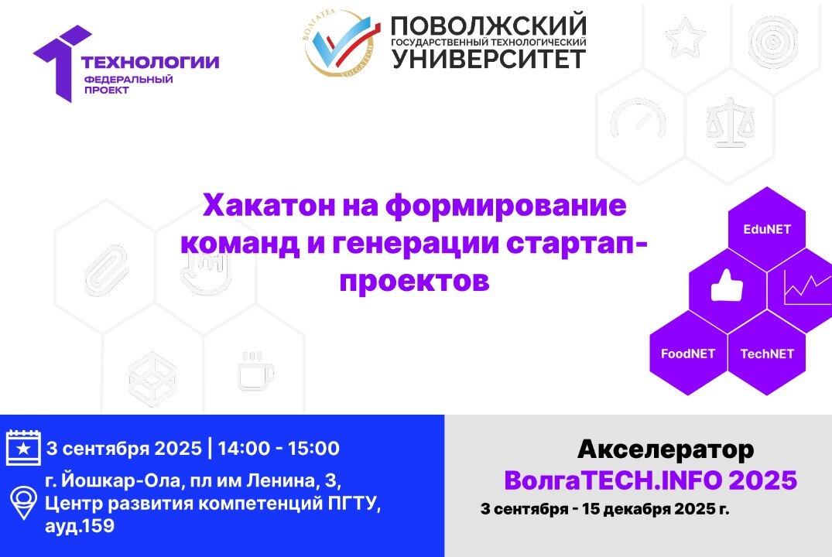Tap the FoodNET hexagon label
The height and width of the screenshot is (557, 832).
[688, 354]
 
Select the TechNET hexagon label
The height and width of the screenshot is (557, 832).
[767, 354]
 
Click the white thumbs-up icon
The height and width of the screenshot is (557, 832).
[727, 287]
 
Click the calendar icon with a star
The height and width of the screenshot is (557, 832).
[22, 448]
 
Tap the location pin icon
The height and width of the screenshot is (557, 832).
[22, 501]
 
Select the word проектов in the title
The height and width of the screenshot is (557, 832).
[415, 281]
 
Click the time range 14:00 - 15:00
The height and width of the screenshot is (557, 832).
[278, 448]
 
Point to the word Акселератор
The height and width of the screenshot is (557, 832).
[665, 449]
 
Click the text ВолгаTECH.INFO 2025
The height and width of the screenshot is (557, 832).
[650, 480]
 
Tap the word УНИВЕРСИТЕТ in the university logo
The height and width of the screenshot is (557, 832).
[488, 58]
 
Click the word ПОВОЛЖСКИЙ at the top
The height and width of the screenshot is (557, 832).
[488, 26]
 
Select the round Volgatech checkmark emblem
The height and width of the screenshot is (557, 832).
[341, 44]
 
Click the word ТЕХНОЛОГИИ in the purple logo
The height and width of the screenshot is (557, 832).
[150, 63]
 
